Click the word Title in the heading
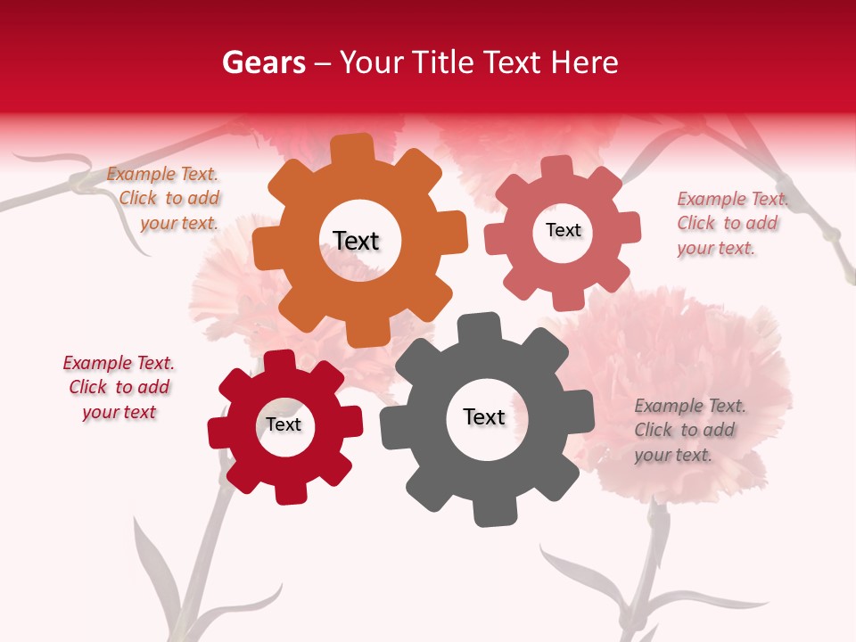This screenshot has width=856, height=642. click(x=442, y=63)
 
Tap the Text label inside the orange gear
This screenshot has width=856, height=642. click(x=356, y=241)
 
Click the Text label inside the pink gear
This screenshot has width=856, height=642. click(x=563, y=230)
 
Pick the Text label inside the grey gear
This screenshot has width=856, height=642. click(x=484, y=417)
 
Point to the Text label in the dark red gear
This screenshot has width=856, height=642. click(x=284, y=424)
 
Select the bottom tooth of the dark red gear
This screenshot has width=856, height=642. click(x=288, y=491)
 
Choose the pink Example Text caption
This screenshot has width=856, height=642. click(x=730, y=223)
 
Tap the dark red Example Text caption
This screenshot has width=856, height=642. click(x=119, y=387)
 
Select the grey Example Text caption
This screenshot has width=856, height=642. click(x=687, y=430)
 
